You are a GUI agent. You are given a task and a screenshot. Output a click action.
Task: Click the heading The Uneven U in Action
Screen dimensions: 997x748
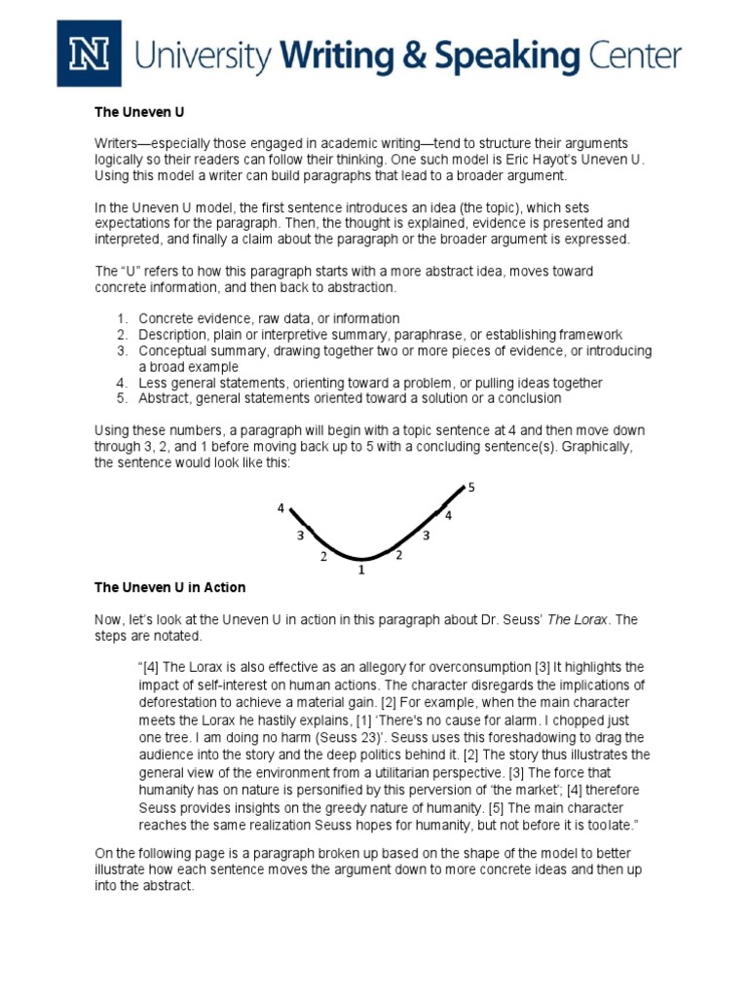click(x=169, y=587)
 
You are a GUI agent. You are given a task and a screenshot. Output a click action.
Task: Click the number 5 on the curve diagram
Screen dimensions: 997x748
click(x=471, y=487)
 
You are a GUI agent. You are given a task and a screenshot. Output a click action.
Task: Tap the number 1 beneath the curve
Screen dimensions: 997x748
click(x=360, y=570)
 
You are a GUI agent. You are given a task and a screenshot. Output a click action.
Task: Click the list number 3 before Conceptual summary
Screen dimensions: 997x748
click(x=123, y=351)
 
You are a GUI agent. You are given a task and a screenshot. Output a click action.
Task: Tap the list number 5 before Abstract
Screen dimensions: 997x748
click(x=123, y=398)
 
